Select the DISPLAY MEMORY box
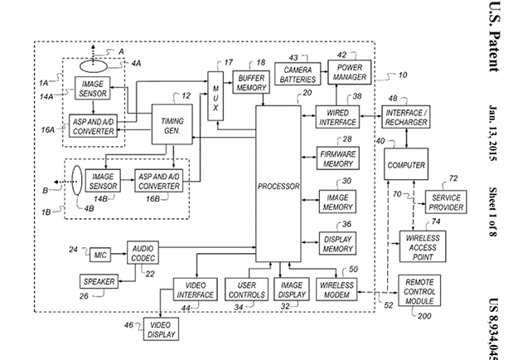pos(338,242)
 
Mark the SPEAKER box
pos(98,281)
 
